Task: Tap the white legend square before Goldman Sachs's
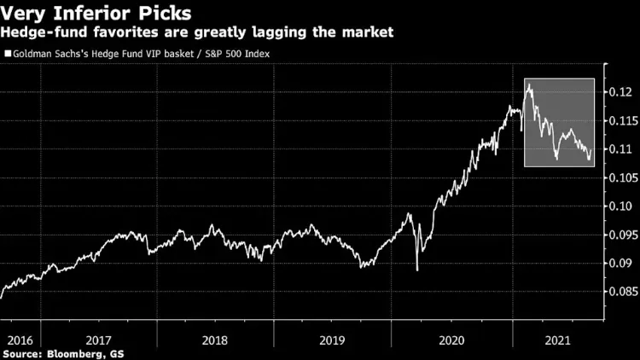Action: (x=7, y=54)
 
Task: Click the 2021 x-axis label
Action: (x=557, y=338)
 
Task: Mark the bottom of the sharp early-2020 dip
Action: (x=417, y=270)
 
